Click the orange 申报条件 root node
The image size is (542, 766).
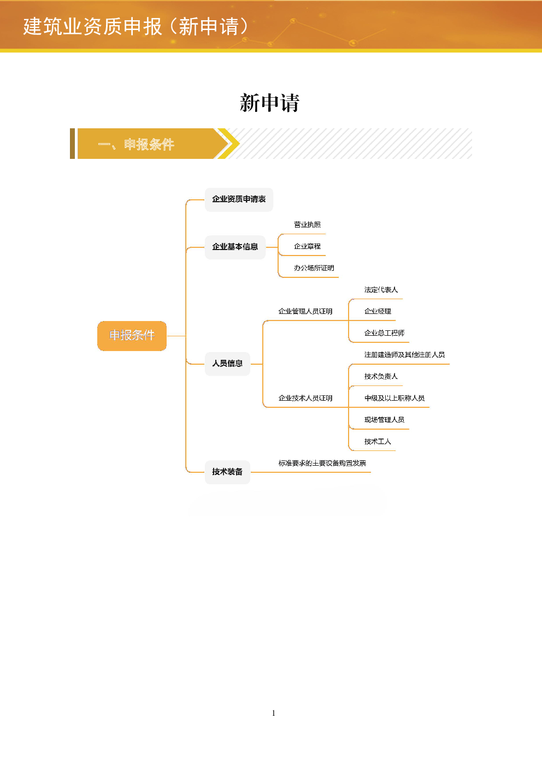[132, 336]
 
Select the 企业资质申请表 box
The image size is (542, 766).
[239, 199]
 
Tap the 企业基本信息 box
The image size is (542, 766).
[235, 247]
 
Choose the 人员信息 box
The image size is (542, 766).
[227, 364]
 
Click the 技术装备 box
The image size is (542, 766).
[227, 472]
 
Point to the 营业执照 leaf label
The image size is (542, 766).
[307, 225]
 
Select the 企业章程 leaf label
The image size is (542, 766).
[307, 246]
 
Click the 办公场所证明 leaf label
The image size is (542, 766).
[314, 268]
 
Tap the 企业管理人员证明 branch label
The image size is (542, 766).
[305, 311]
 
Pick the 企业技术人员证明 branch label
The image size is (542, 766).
[305, 398]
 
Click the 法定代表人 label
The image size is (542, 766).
[381, 290]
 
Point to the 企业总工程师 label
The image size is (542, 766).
[384, 332]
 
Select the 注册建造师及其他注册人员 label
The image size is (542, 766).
[404, 355]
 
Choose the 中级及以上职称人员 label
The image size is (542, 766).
[394, 398]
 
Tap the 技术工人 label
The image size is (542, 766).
[378, 442]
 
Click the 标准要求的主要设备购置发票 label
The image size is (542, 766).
[322, 463]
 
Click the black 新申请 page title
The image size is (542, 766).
[269, 103]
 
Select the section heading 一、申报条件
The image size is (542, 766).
[136, 144]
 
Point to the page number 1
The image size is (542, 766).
[273, 713]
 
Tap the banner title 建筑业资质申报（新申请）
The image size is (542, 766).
[135, 26]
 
